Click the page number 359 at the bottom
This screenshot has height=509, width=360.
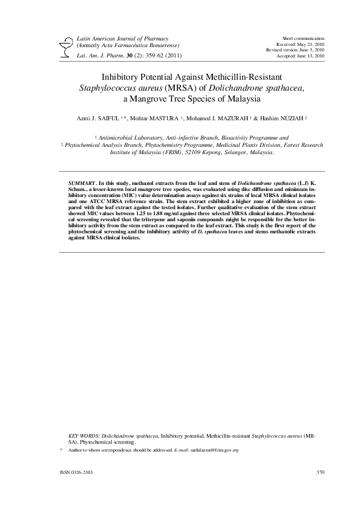(x=321, y=471)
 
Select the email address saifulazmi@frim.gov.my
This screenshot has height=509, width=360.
(x=215, y=450)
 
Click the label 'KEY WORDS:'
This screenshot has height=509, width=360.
(x=84, y=435)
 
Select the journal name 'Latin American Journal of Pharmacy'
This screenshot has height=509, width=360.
(x=122, y=38)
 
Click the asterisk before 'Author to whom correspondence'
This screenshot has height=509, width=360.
(x=61, y=450)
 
